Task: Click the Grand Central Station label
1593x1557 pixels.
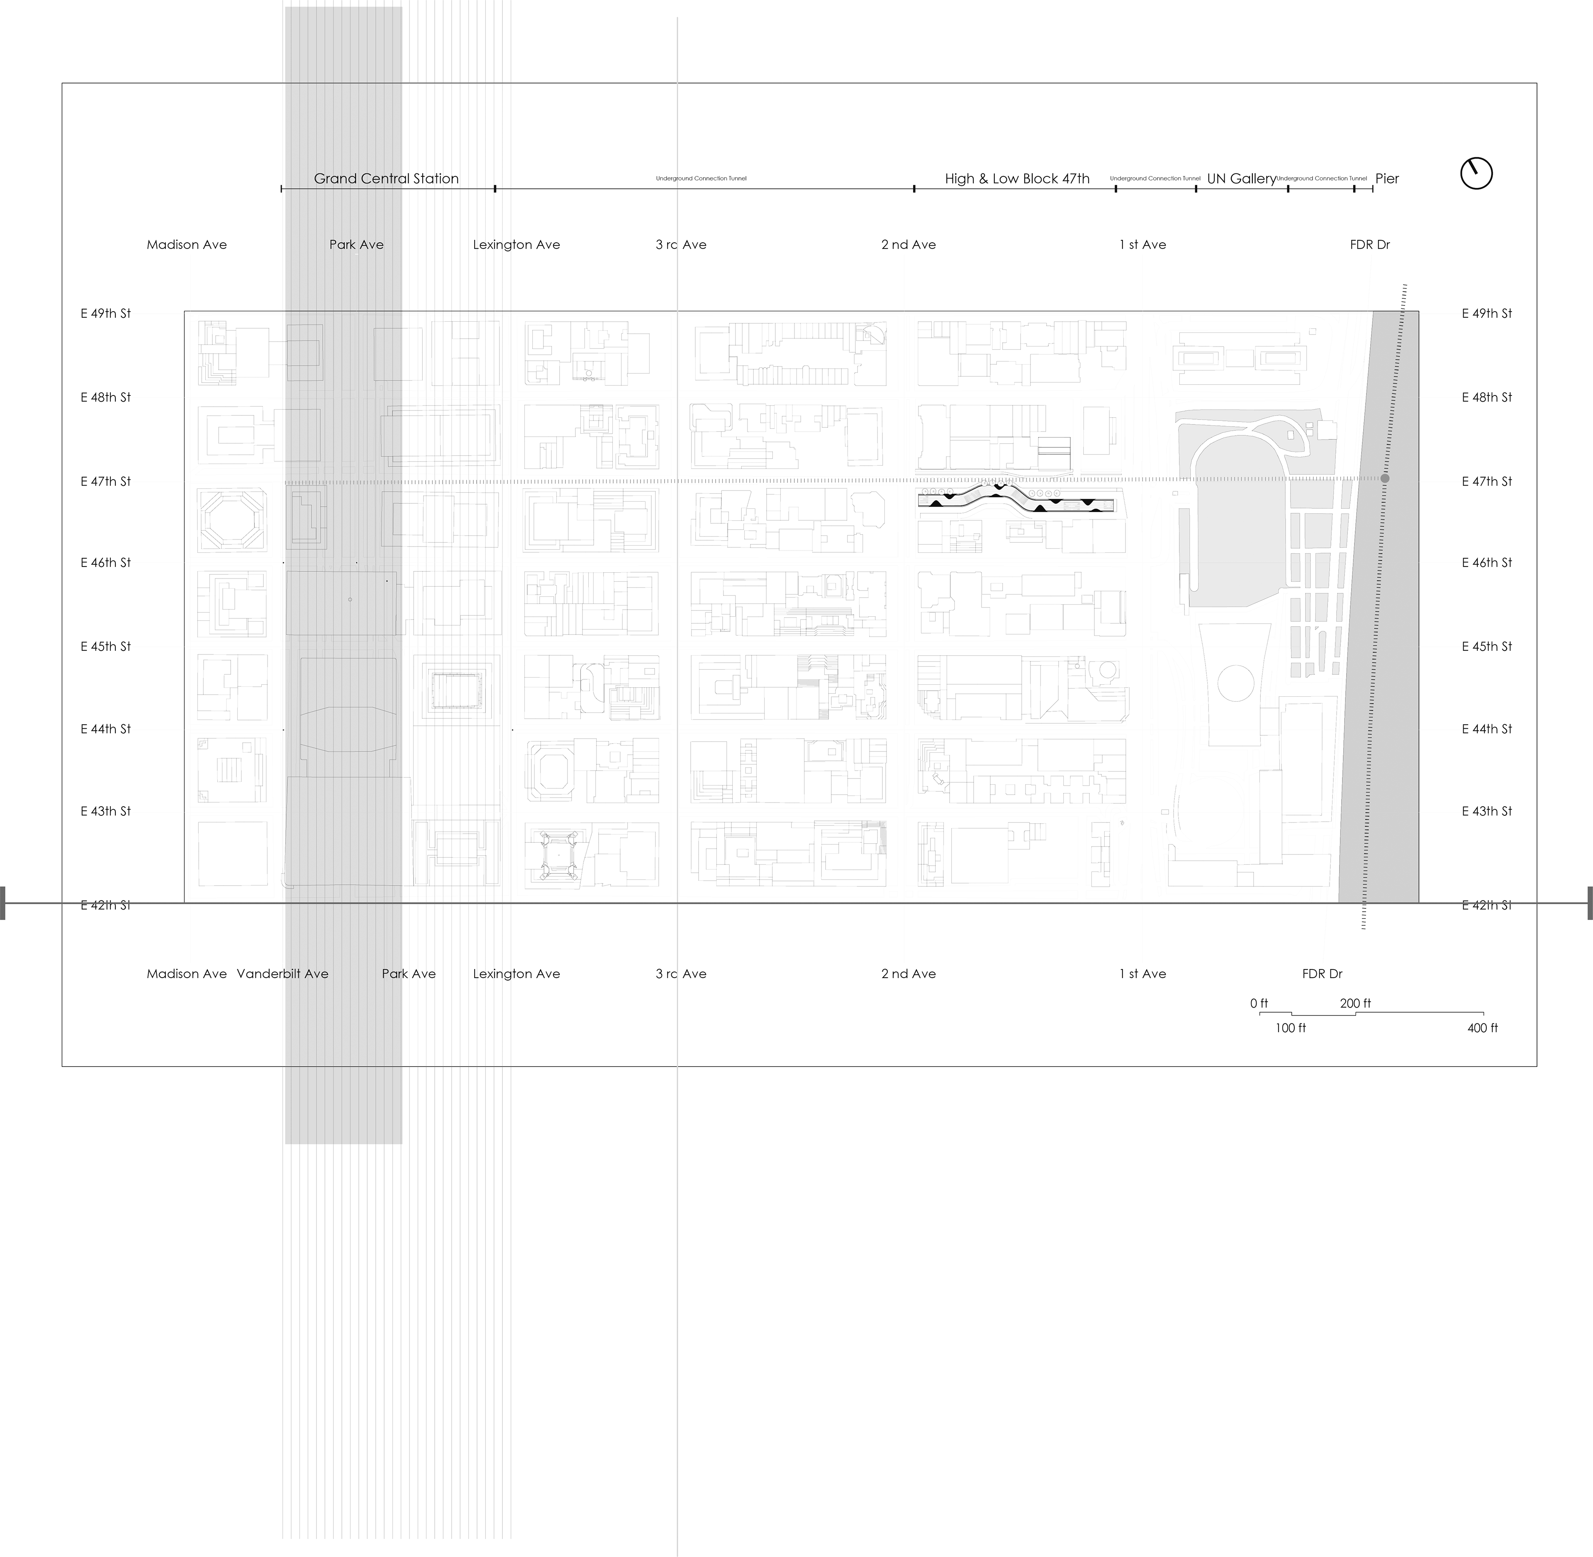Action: (x=386, y=178)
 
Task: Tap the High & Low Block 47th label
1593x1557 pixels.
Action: (x=1017, y=178)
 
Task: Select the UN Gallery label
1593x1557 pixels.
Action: (x=1241, y=178)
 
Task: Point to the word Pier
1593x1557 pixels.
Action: (x=1387, y=178)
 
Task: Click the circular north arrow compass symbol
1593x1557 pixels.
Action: (x=1476, y=173)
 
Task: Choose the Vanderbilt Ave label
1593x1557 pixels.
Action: (x=283, y=974)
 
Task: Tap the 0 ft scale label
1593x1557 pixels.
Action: (x=1257, y=1003)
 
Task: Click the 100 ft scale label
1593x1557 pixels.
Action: (x=1291, y=1028)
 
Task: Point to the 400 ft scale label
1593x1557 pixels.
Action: (x=1481, y=1028)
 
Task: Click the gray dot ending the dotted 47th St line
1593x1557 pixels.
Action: (x=1385, y=478)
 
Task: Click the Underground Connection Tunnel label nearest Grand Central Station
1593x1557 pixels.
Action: (x=701, y=178)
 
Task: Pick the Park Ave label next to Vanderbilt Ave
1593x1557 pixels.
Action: (x=409, y=974)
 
